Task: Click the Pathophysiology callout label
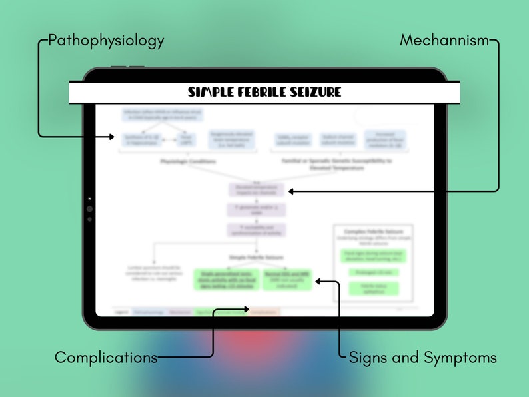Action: [107, 41]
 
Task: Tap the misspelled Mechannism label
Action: [444, 41]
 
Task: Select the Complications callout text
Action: [106, 357]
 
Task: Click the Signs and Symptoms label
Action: [422, 358]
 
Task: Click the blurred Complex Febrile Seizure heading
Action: [373, 231]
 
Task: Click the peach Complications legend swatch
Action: [264, 311]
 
